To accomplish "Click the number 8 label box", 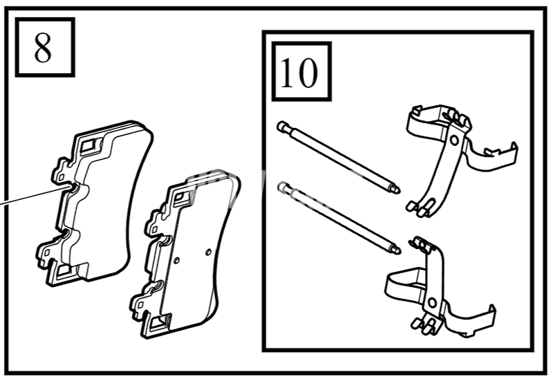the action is coord(45,47).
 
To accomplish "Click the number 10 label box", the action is coord(301,71).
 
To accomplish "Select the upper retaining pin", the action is coord(339,157).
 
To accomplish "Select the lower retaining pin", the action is coord(339,217).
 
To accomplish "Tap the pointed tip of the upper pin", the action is coord(399,191).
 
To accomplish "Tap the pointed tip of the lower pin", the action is coord(399,251).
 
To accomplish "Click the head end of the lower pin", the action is coord(281,185).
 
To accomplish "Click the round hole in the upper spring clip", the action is coord(454,140).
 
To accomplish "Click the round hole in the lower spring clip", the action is coord(432,303).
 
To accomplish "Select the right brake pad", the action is coord(186,254).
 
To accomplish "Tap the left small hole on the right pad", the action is coord(177,261).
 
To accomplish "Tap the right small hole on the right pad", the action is coord(208,252).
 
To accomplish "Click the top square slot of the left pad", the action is coord(88,145).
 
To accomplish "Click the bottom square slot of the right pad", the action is coord(158,322).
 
